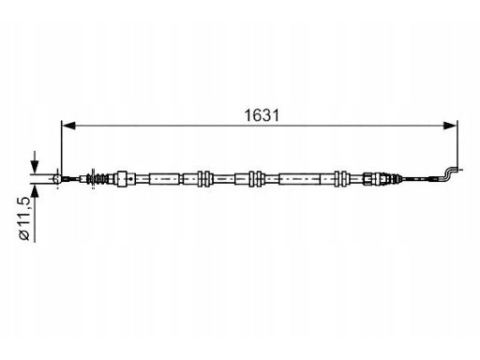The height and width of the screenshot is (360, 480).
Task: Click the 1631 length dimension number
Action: (x=262, y=115)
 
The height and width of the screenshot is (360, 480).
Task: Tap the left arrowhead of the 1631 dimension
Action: (x=68, y=126)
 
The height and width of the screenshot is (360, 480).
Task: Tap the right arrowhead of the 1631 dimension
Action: (x=450, y=126)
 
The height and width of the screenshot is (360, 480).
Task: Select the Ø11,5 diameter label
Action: (x=24, y=218)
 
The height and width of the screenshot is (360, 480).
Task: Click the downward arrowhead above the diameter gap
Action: (x=35, y=167)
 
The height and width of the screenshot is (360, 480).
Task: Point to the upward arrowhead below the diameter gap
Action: (x=35, y=190)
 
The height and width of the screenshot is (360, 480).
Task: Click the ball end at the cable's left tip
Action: (x=57, y=179)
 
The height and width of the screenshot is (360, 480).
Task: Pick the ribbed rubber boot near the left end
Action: (x=99, y=179)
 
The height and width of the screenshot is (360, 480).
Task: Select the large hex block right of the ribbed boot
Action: (x=122, y=179)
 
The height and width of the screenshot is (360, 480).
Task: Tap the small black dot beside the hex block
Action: (x=131, y=179)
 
